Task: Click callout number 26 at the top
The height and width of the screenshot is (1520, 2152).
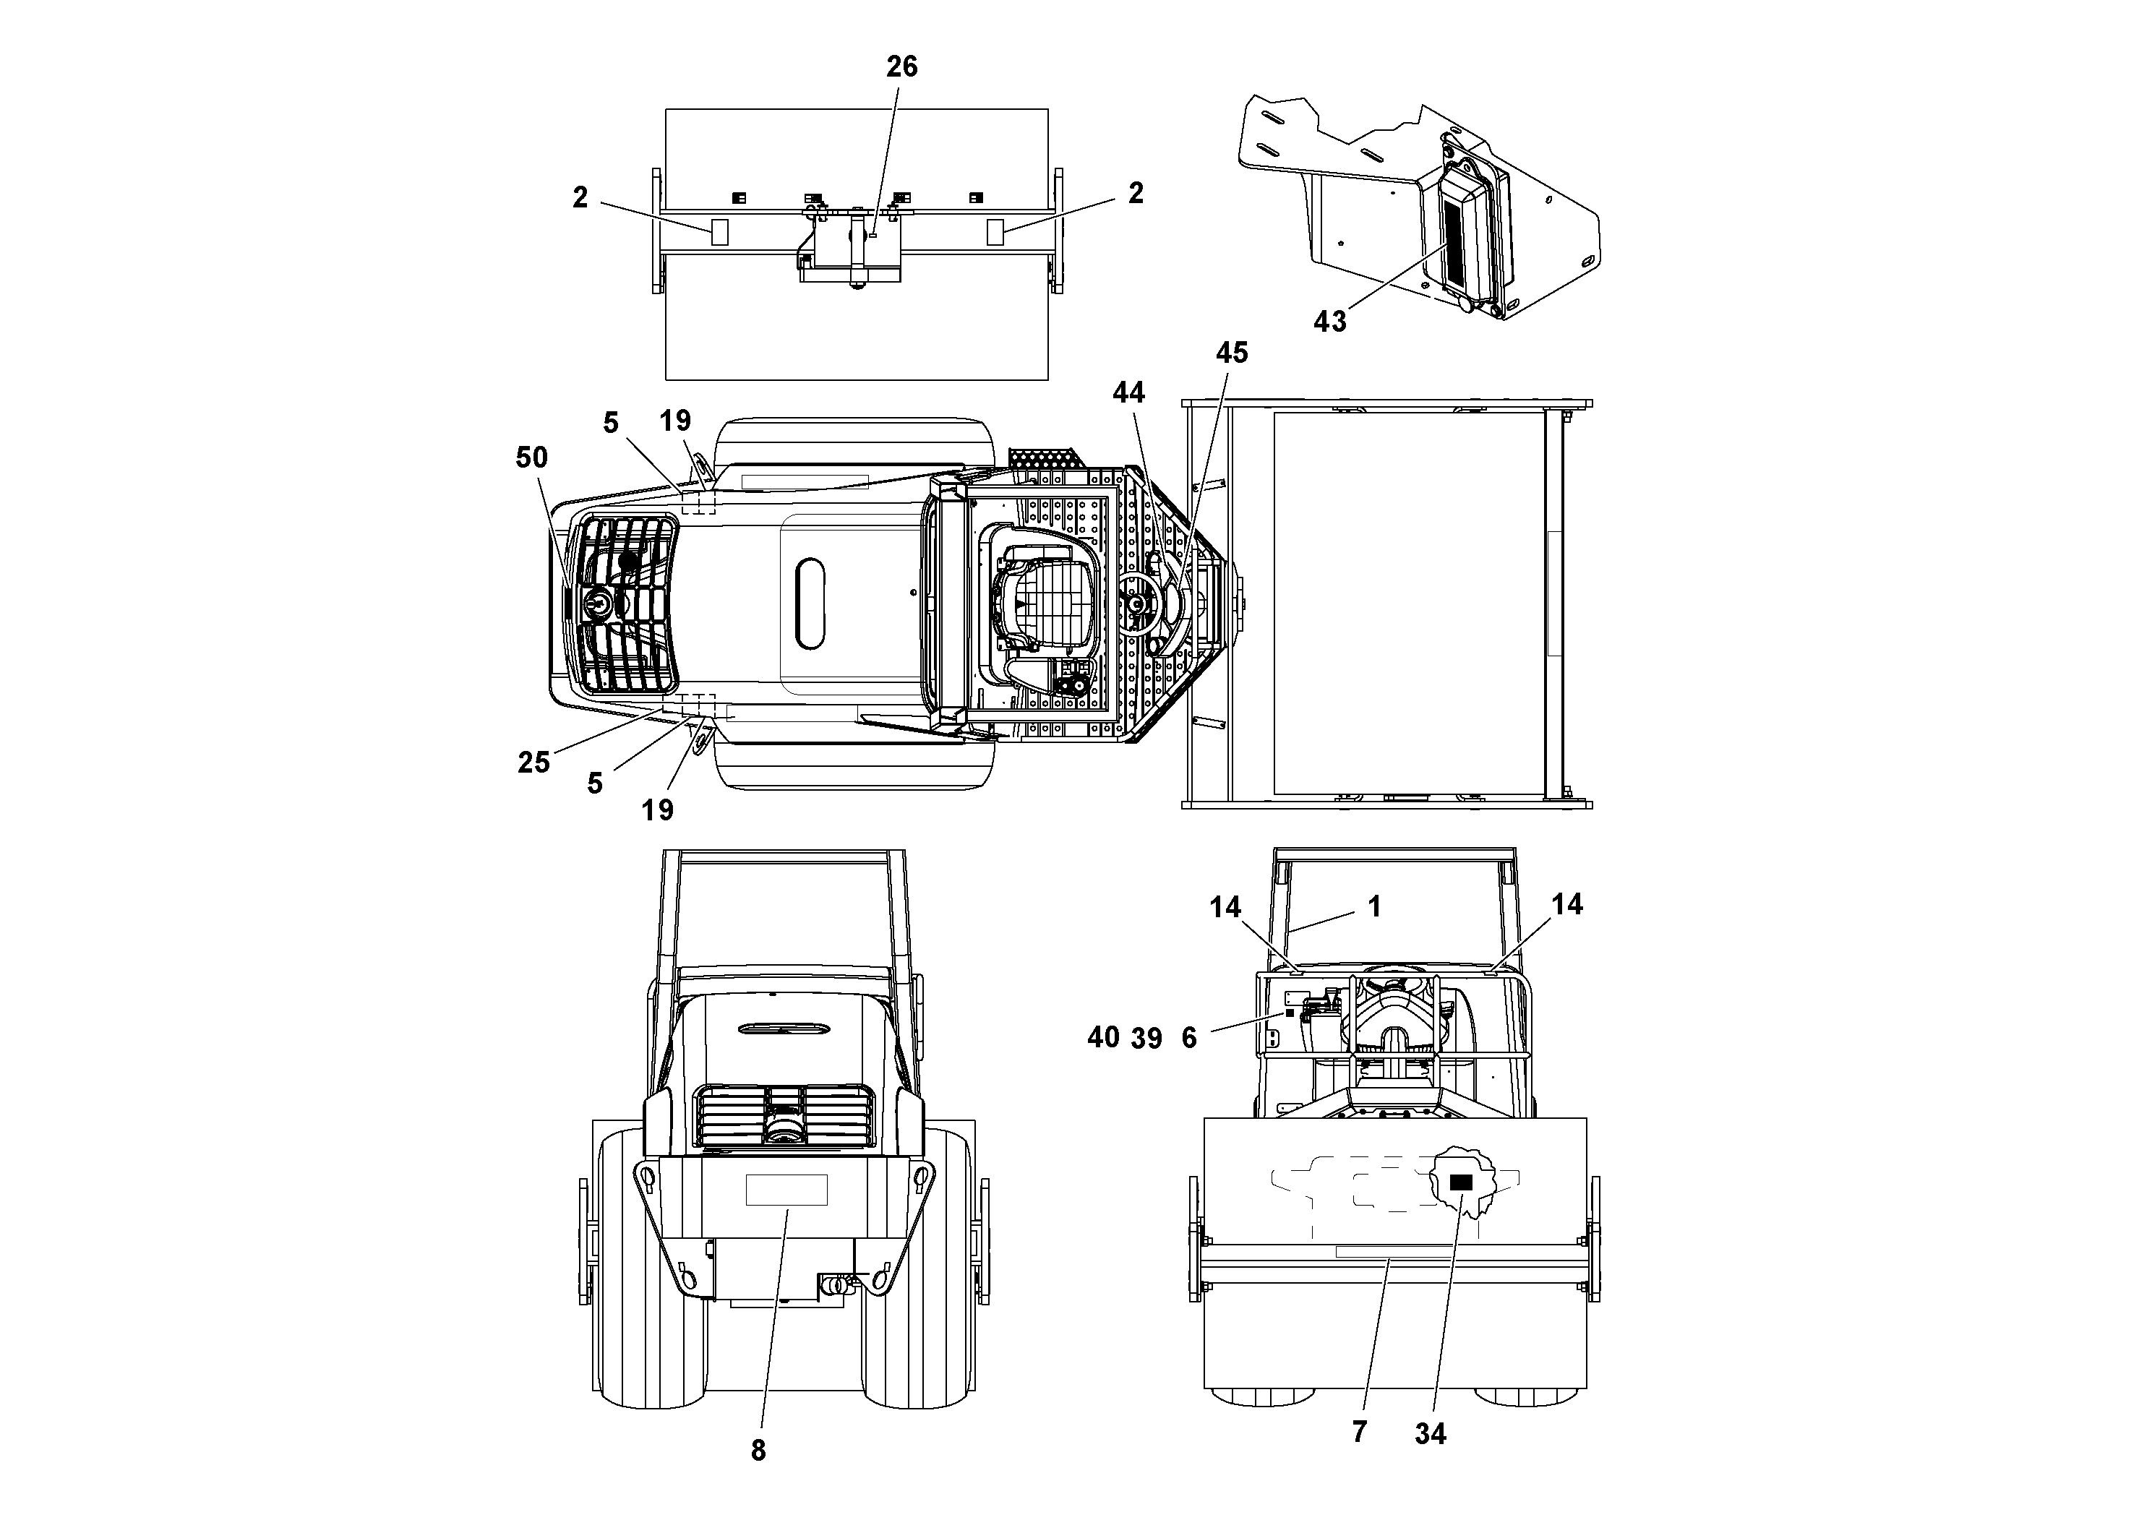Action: (901, 66)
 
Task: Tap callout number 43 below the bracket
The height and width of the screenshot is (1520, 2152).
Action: (1329, 322)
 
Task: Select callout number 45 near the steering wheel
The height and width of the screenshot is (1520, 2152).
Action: (1232, 353)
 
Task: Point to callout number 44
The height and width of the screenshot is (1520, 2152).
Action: (1128, 392)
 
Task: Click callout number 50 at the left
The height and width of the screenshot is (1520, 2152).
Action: (531, 458)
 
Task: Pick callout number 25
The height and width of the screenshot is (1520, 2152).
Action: (533, 762)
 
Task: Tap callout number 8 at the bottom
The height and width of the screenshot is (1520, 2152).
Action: (758, 1450)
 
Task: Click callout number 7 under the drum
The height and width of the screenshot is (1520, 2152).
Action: (1359, 1431)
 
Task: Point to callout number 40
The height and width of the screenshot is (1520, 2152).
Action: (1103, 1037)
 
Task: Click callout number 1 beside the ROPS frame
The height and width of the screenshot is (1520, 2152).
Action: (1374, 906)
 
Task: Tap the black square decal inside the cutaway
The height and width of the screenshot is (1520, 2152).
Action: (1460, 1182)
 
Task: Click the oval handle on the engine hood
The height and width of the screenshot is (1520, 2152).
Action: (810, 604)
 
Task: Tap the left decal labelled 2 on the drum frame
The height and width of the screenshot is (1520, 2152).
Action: (719, 233)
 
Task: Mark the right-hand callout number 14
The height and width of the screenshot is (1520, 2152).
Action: (1566, 904)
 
